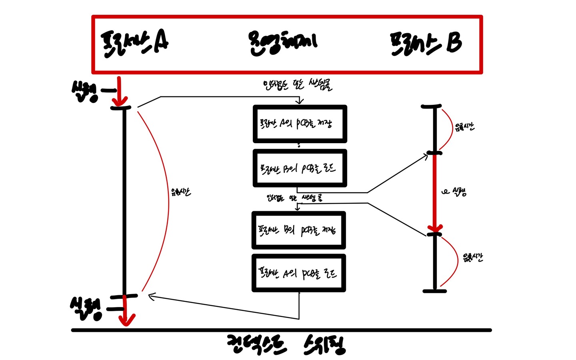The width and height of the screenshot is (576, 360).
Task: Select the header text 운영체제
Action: point(283,42)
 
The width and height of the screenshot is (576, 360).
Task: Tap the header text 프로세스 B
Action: point(426,43)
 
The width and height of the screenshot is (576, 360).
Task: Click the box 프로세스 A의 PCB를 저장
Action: point(300,124)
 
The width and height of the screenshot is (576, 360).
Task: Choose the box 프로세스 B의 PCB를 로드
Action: point(300,168)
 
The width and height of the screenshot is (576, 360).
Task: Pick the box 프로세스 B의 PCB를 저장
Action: point(298,230)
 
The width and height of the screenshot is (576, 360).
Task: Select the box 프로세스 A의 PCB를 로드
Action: point(298,273)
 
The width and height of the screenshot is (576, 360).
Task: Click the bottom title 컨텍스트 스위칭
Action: point(286,345)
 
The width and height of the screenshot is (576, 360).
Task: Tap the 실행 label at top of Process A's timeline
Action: point(85,91)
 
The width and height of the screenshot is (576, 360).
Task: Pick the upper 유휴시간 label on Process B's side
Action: point(464,128)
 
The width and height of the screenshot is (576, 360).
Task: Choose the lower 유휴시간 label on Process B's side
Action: point(473,257)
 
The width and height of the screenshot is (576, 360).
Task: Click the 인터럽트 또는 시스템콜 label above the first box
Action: point(298,85)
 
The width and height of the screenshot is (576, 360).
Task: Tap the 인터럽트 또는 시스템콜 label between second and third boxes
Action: point(295,198)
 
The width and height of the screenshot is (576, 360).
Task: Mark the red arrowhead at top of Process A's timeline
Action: point(120,101)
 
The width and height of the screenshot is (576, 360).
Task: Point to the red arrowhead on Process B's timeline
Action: point(435,228)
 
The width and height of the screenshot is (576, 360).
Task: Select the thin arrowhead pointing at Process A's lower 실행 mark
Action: point(151,296)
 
